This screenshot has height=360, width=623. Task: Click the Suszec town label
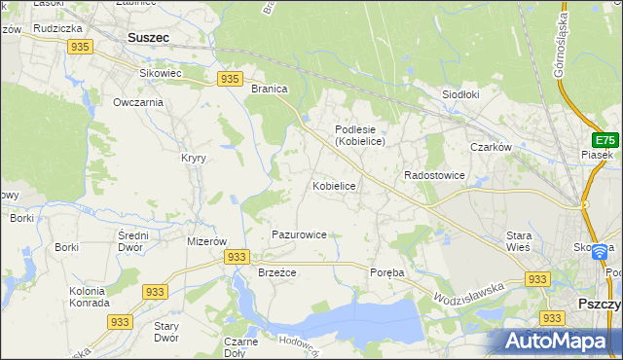tap(148, 38)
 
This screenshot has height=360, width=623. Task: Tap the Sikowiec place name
tap(161, 73)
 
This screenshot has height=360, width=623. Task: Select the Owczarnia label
tap(137, 102)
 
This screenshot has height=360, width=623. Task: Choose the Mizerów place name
tap(206, 241)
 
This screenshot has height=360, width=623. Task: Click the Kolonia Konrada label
tap(89, 297)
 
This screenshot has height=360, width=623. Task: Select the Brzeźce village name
tap(276, 273)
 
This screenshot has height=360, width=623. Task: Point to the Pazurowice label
tap(299, 234)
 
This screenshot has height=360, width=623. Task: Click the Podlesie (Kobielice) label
tap(360, 135)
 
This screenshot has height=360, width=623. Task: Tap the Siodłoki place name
tap(461, 95)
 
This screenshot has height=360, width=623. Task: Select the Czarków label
tap(491, 147)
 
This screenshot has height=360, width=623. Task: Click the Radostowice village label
tap(434, 175)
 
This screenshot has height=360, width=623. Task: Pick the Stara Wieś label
tap(518, 241)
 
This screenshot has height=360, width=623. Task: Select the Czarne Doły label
tap(240, 347)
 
